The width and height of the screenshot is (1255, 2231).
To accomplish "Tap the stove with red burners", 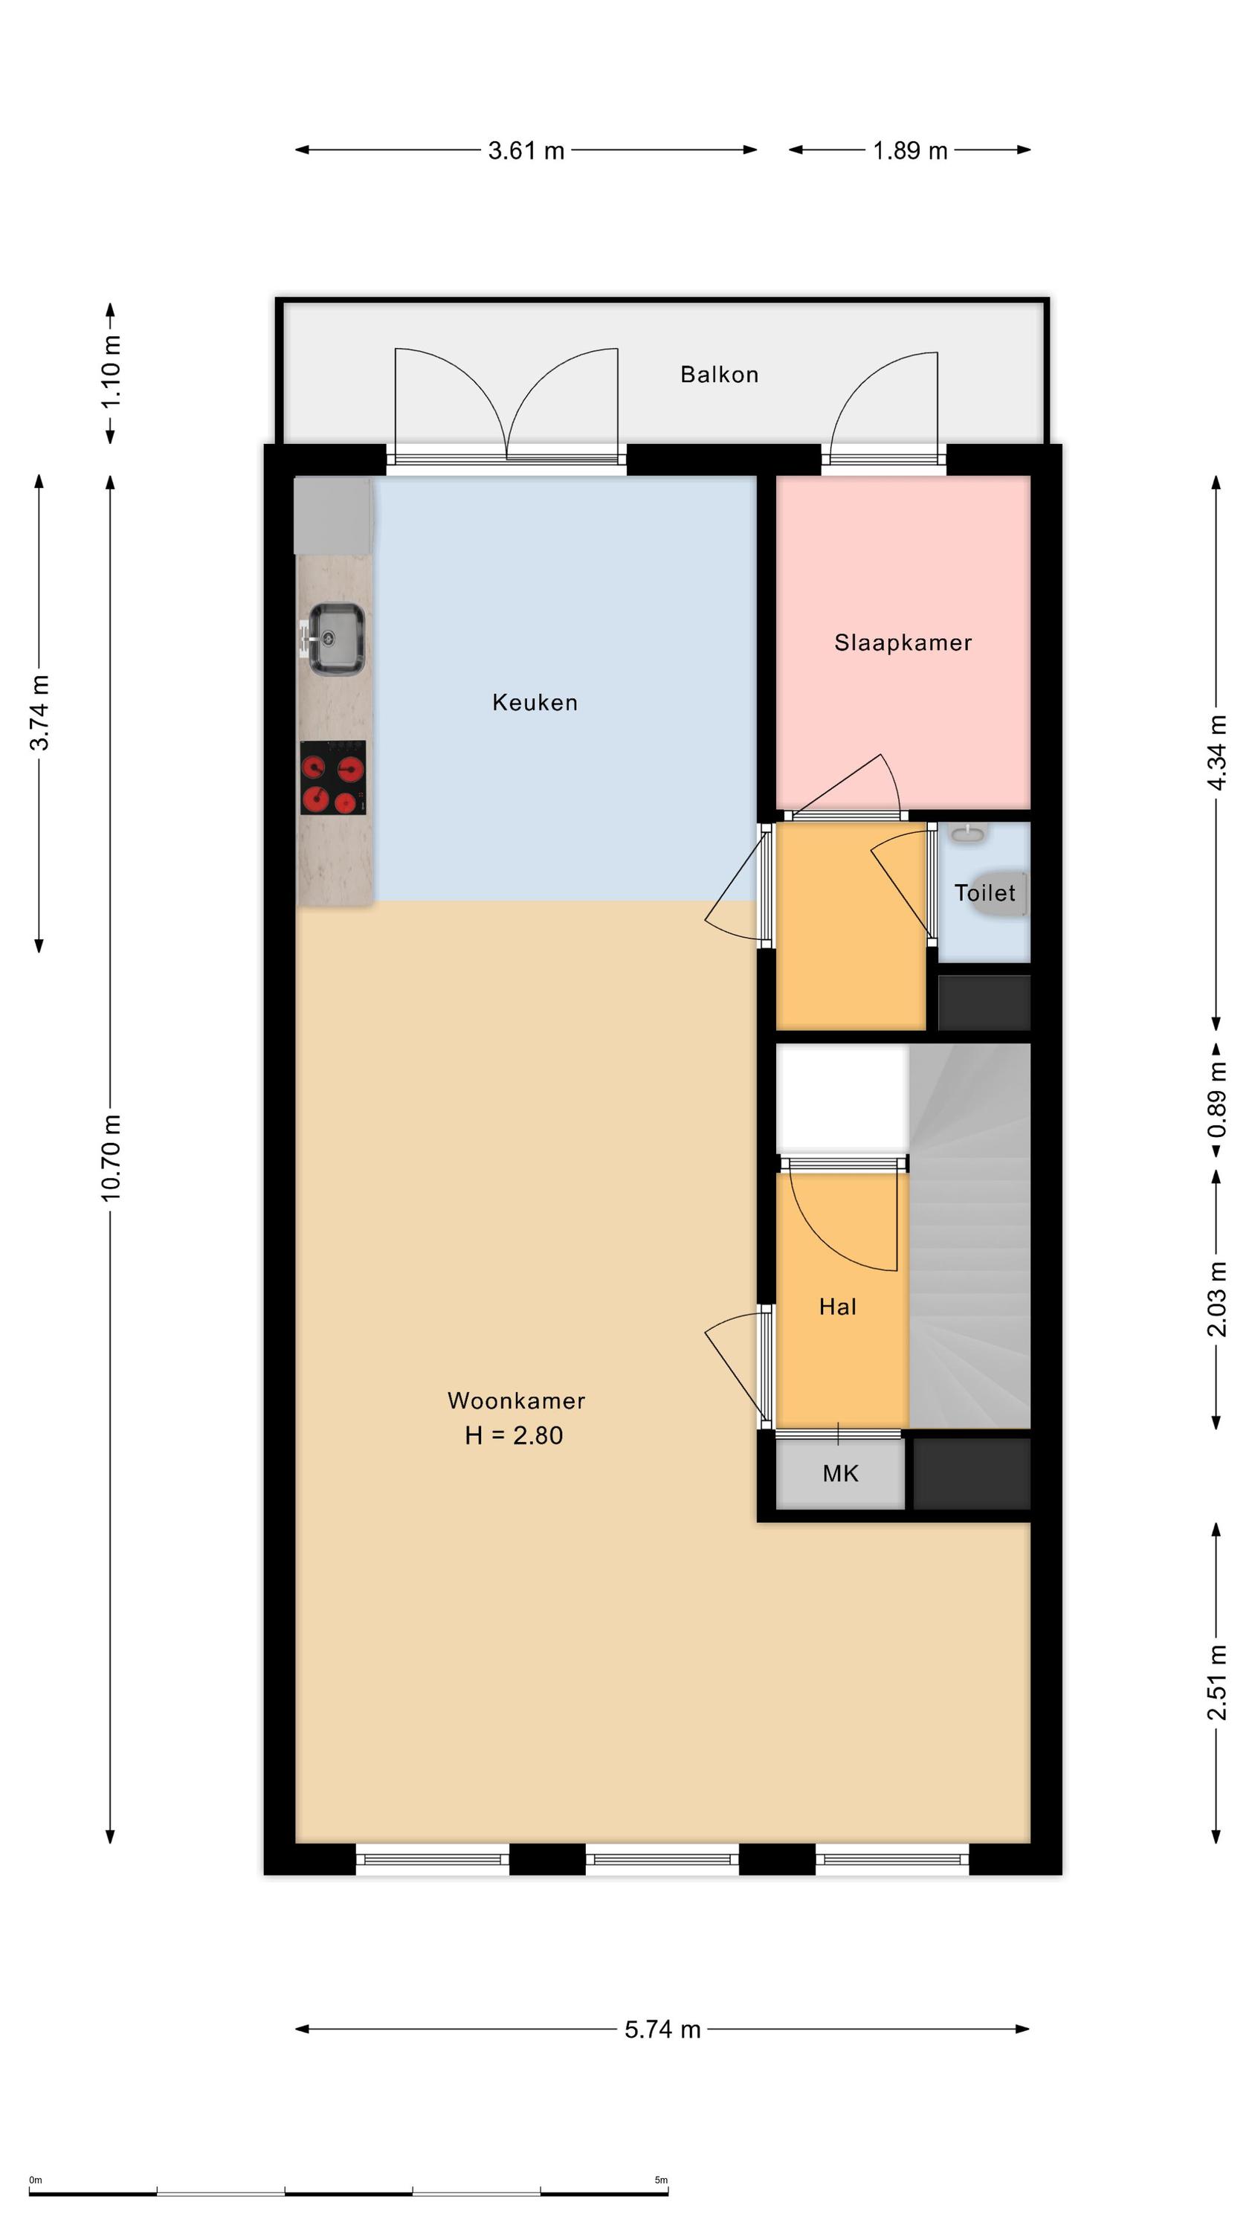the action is pyautogui.click(x=332, y=777).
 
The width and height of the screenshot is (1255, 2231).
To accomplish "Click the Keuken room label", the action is pyautogui.click(x=535, y=701).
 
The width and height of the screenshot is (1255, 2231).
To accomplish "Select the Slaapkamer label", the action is pyautogui.click(x=903, y=642).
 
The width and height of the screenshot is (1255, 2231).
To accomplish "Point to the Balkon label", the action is pyautogui.click(x=719, y=374).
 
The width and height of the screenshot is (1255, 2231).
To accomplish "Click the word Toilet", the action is pyautogui.click(x=985, y=892).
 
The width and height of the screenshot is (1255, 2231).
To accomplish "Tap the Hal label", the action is pyautogui.click(x=837, y=1306).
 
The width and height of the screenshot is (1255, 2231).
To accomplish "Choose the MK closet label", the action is pyautogui.click(x=840, y=1472).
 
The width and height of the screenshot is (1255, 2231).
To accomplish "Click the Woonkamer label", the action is pyautogui.click(x=516, y=1400).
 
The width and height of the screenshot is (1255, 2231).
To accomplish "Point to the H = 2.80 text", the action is pyautogui.click(x=514, y=1435).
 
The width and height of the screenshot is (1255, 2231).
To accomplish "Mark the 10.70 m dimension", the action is pyautogui.click(x=111, y=1158).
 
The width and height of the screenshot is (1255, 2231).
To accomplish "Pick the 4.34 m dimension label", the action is pyautogui.click(x=1217, y=752).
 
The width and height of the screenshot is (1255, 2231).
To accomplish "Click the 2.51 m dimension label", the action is pyautogui.click(x=1217, y=1682).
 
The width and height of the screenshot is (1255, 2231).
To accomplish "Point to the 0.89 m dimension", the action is pyautogui.click(x=1217, y=1100).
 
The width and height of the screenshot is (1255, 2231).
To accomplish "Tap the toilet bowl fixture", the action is pyautogui.click(x=1004, y=892).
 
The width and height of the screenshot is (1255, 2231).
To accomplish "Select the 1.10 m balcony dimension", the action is pyautogui.click(x=111, y=373).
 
